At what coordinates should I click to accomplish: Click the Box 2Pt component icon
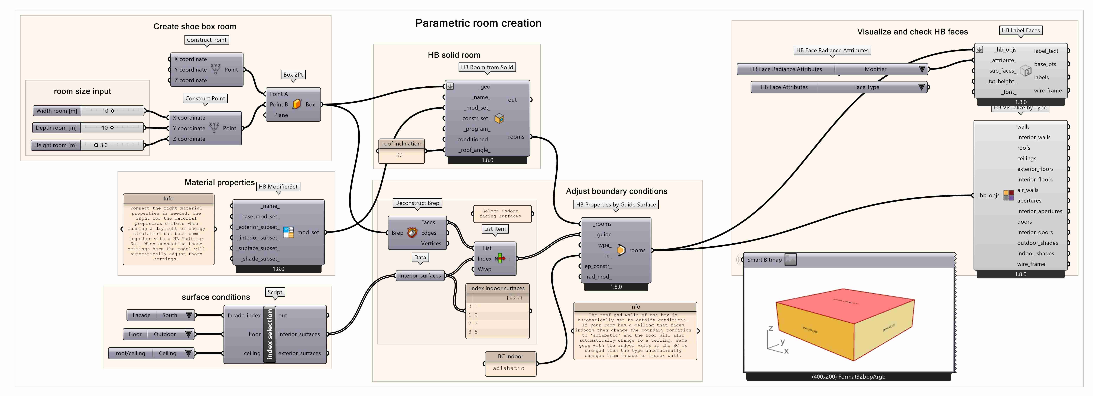tap(297, 104)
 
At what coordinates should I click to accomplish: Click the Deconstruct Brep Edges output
tap(429, 233)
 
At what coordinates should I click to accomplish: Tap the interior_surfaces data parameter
tap(420, 276)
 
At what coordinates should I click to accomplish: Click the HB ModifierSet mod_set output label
tap(308, 232)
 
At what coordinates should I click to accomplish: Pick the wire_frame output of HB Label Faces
tap(1048, 90)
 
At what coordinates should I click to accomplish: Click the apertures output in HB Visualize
tap(1029, 200)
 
